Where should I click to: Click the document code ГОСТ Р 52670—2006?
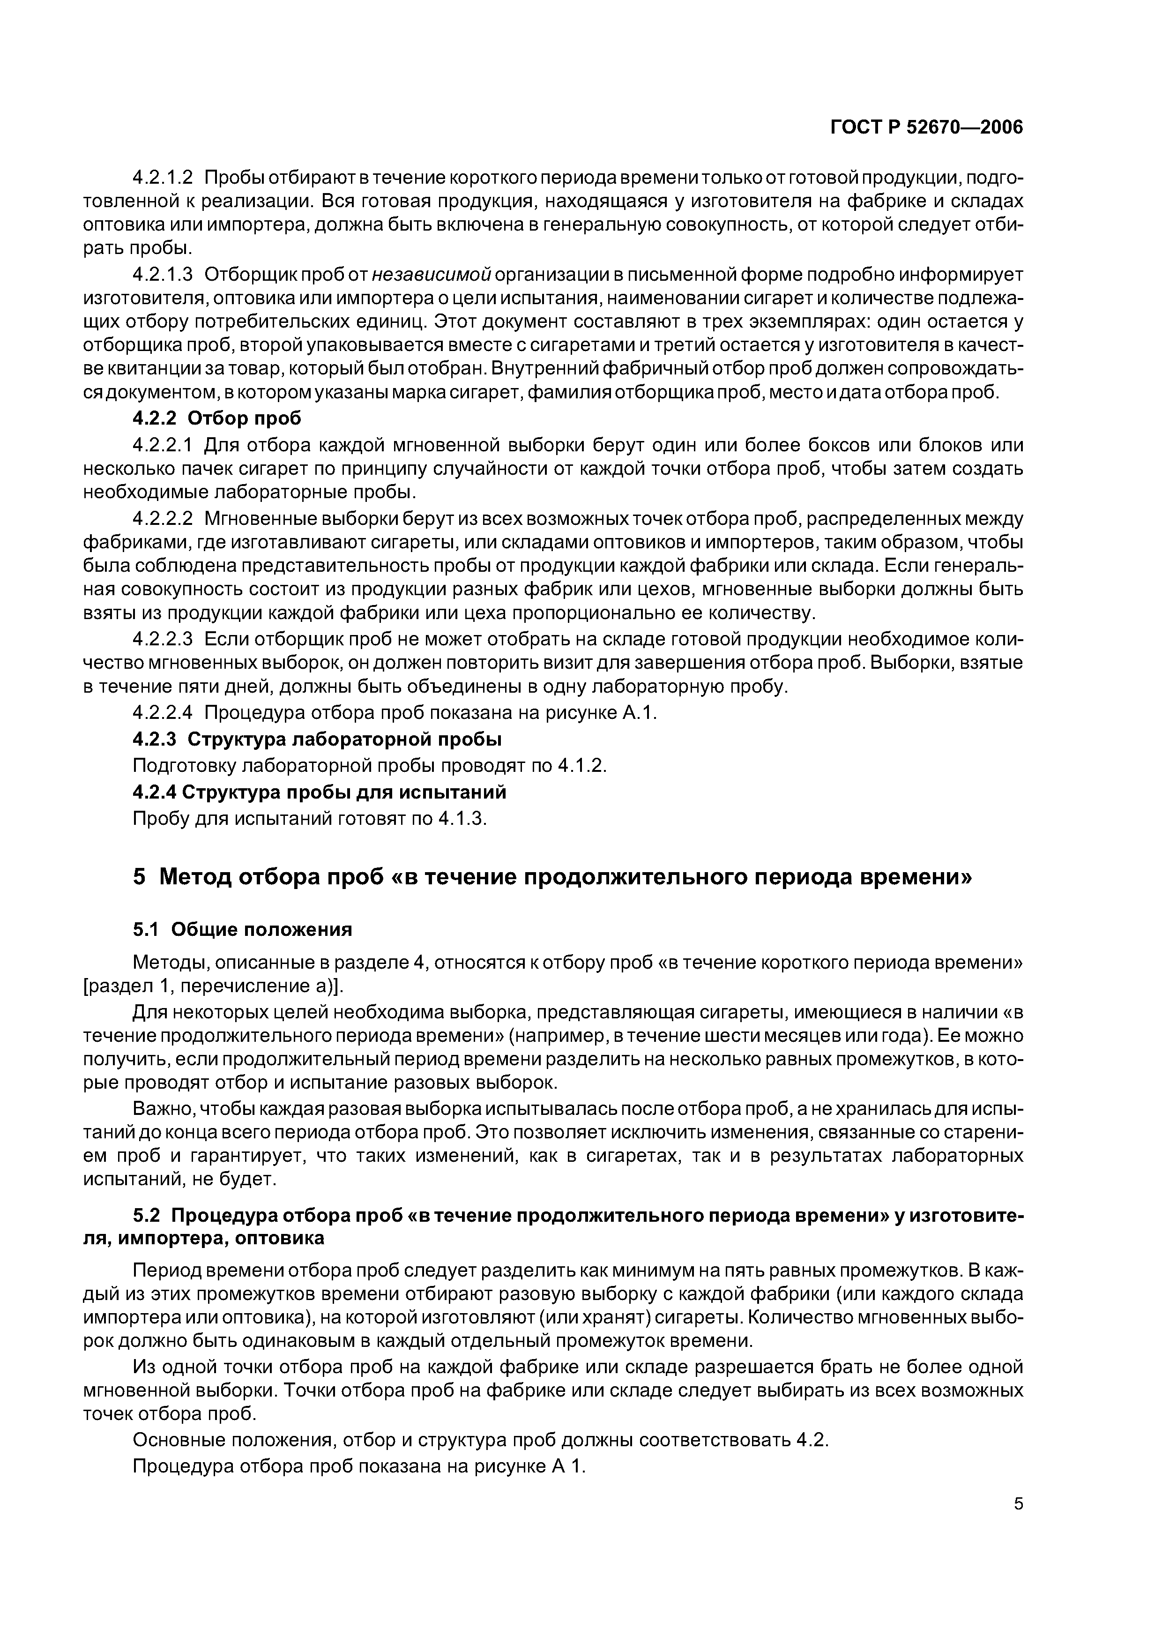click(927, 128)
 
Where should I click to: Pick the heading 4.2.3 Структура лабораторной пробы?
click(317, 739)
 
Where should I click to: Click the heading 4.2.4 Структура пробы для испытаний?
click(320, 792)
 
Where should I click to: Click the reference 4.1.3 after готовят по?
click(461, 818)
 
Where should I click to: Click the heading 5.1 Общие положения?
click(243, 929)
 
